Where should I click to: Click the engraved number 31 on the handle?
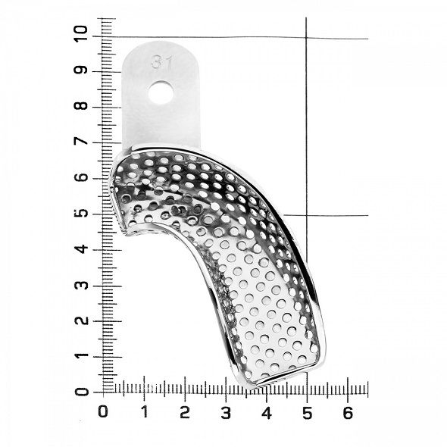point(161,62)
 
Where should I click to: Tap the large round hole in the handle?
point(161,92)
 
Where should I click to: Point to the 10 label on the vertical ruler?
point(81,34)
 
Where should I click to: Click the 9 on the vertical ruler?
point(81,70)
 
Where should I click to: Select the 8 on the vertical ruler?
point(81,105)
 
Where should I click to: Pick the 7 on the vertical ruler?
point(81,141)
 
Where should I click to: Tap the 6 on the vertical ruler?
point(81,177)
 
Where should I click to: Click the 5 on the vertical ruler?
point(81,213)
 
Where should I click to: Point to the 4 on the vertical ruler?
point(81,249)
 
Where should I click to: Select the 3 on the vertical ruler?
point(81,285)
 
